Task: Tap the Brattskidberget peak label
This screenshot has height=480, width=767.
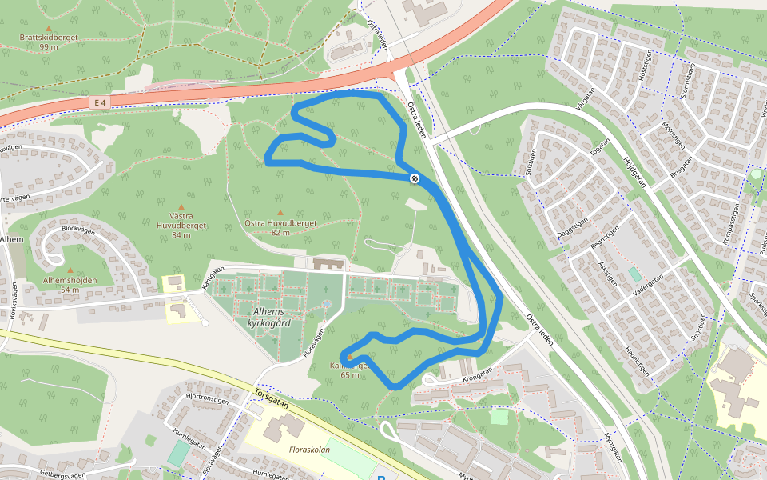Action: point(50,38)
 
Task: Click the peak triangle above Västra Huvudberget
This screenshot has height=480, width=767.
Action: point(181,206)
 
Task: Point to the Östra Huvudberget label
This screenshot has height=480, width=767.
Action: point(280,223)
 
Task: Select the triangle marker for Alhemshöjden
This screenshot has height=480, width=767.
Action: point(70,270)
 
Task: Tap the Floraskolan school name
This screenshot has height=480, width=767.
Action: point(310,450)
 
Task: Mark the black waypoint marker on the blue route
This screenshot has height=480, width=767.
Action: point(415,178)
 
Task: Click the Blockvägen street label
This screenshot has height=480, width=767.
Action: point(77,229)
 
